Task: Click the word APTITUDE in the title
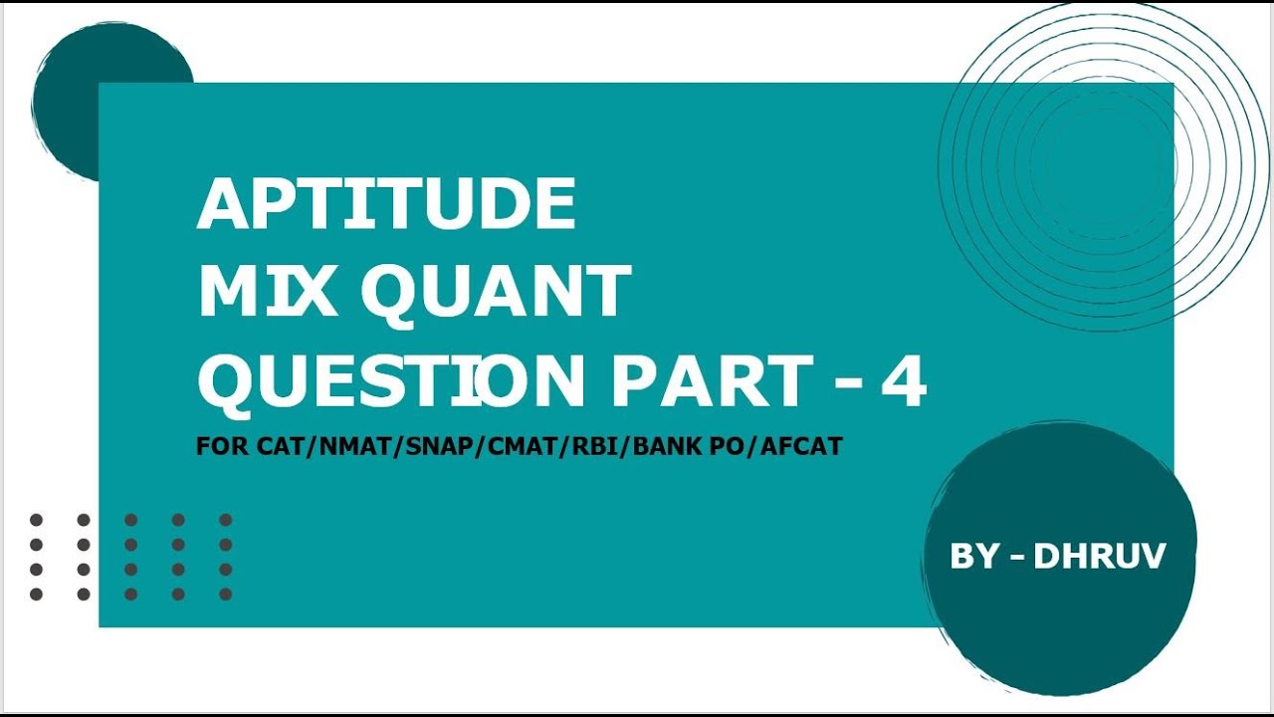[386, 205]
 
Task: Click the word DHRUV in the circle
[1099, 556]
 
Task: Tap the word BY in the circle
[973, 556]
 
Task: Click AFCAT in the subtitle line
[804, 446]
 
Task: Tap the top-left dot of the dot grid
[37, 520]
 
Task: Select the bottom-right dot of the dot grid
[226, 595]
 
